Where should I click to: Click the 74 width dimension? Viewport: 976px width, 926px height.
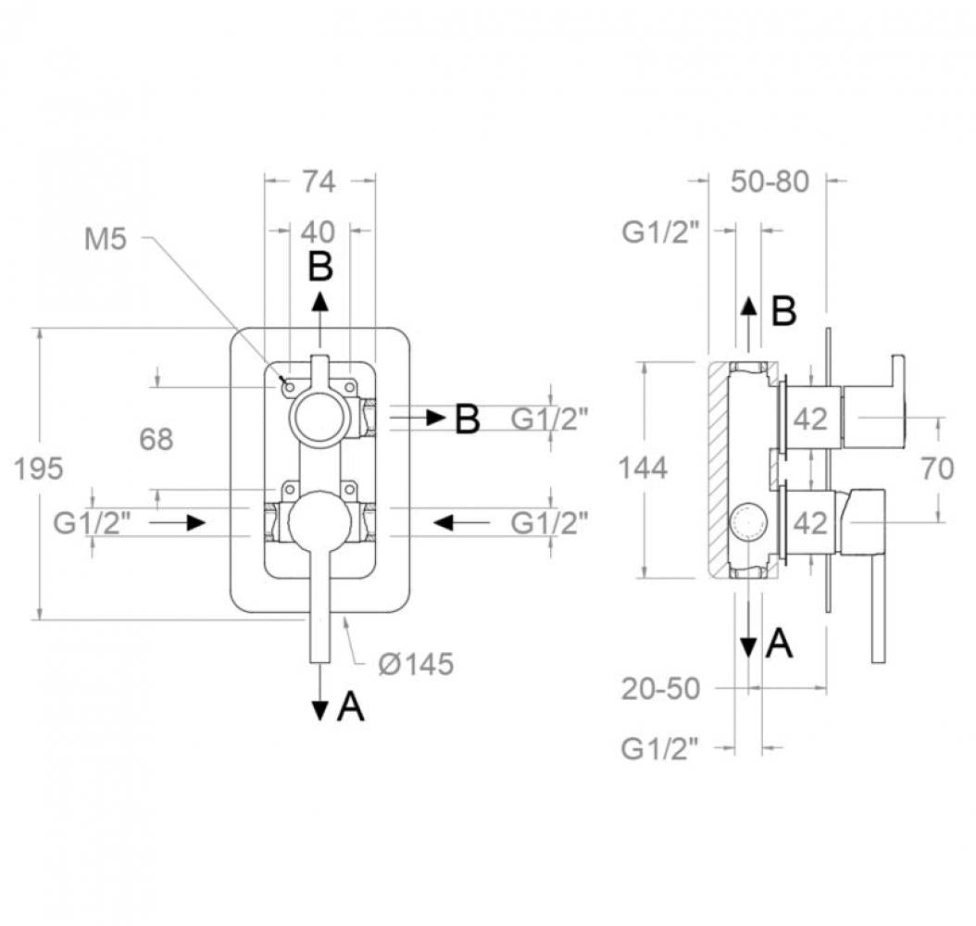click(319, 181)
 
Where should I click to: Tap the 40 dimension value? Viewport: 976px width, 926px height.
click(318, 232)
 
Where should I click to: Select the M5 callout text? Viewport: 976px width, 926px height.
click(106, 239)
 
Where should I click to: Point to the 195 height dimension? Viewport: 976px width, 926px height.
click(39, 468)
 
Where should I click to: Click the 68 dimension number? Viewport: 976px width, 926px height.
click(156, 439)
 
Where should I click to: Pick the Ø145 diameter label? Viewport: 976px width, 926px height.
click(416, 664)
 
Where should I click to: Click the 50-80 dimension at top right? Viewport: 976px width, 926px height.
click(770, 181)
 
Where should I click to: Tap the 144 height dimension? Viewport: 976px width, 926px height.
click(643, 468)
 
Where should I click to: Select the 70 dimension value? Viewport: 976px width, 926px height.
click(937, 468)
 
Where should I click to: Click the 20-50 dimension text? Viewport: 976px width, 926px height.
click(660, 689)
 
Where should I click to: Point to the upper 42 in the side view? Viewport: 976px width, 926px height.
click(810, 419)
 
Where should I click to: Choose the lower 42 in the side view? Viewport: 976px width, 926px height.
click(810, 523)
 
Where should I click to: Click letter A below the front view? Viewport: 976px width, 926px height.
click(350, 707)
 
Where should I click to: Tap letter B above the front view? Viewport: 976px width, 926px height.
click(320, 268)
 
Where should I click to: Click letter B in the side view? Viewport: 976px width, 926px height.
click(784, 312)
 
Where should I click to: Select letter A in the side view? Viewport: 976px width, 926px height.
click(780, 644)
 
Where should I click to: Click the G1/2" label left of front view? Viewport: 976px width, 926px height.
click(92, 523)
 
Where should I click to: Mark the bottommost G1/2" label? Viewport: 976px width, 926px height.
click(659, 748)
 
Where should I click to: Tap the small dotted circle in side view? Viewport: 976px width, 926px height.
click(748, 523)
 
